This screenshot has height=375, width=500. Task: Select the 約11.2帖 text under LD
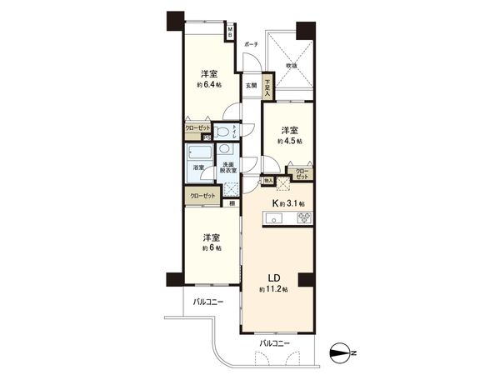(x=274, y=288)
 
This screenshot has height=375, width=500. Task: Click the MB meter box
(x=232, y=33)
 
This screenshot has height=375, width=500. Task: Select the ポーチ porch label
(x=251, y=44)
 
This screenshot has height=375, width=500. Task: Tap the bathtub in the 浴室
(x=200, y=154)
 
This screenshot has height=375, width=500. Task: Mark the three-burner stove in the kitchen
(x=304, y=219)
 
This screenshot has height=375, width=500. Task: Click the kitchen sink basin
(x=276, y=220)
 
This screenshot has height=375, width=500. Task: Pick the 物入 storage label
(x=268, y=179)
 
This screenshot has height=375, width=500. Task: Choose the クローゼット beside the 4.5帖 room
(x=302, y=175)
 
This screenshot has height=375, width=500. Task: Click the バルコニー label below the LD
(x=274, y=342)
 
